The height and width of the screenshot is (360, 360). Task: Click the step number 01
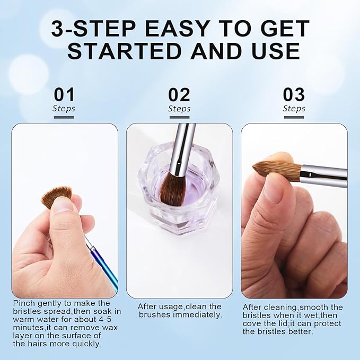click(64, 95)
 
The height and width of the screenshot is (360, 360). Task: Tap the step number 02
click(179, 95)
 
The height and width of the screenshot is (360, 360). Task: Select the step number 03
click(294, 95)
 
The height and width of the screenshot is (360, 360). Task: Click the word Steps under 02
click(179, 109)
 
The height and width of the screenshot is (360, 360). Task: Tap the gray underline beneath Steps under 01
click(64, 117)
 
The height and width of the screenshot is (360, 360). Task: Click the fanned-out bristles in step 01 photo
click(56, 196)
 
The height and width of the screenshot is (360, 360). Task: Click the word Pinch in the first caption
click(23, 303)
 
